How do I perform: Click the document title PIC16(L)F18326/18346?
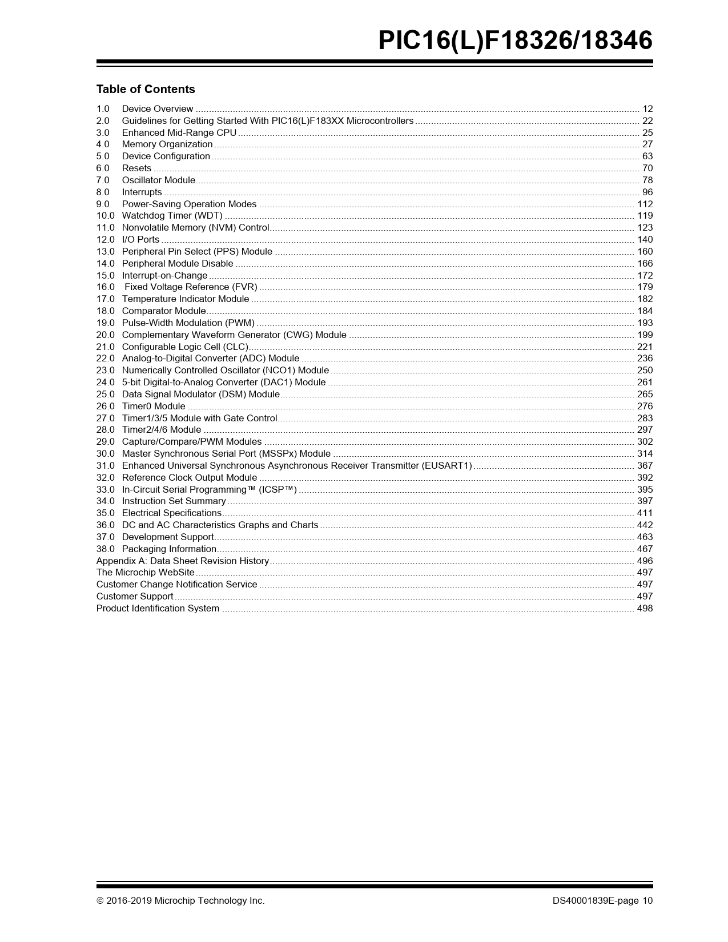click(x=515, y=41)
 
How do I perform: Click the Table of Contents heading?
click(x=146, y=89)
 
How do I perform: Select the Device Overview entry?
click(x=158, y=109)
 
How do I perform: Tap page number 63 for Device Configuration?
click(x=647, y=156)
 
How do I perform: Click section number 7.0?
click(x=103, y=180)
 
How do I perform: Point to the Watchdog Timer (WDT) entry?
click(x=172, y=216)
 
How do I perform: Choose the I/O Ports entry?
click(x=140, y=240)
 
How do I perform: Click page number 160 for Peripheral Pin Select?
click(x=645, y=252)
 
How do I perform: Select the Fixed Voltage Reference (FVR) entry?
click(x=191, y=287)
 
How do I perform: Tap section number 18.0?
click(x=105, y=311)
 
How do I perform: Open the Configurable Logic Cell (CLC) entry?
click(x=185, y=347)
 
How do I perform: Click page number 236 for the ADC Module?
click(x=645, y=359)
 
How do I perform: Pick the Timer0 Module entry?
click(x=154, y=406)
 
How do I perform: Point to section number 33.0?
click(x=105, y=490)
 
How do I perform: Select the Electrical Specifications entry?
click(x=171, y=513)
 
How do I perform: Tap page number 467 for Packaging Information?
click(x=645, y=549)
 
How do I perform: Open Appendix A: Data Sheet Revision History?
click(x=182, y=561)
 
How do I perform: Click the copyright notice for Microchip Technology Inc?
click(x=180, y=901)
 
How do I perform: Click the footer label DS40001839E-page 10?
click(x=602, y=901)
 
